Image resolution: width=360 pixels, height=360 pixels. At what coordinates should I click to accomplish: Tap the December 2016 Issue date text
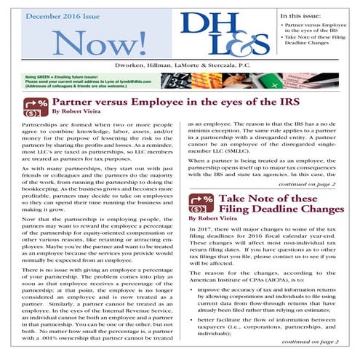pos(67,13)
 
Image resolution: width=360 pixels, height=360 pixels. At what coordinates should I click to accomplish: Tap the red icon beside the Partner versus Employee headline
pos(35,108)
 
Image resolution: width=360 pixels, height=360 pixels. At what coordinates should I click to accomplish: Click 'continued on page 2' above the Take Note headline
pos(321,185)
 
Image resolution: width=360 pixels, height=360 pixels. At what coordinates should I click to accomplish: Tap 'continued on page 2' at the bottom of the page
pos(321,352)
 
